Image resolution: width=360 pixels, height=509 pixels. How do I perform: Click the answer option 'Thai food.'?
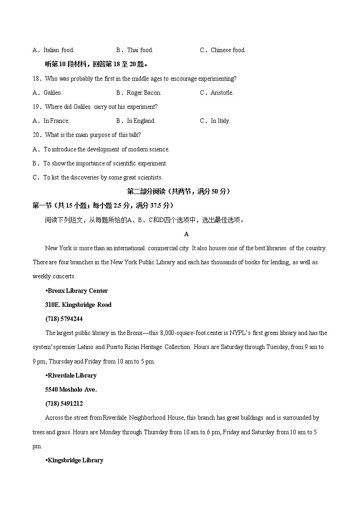(140, 50)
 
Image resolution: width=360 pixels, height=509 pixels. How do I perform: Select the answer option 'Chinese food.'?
(228, 50)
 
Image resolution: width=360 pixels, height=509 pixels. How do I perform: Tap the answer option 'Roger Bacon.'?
(144, 93)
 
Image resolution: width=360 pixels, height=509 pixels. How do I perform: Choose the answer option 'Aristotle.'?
(222, 93)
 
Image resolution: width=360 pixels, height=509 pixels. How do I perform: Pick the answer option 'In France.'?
(56, 121)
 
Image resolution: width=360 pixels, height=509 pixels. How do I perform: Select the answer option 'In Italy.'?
(220, 121)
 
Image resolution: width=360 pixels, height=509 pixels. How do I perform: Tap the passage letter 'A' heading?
(186, 234)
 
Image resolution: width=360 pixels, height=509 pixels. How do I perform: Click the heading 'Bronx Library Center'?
(77, 291)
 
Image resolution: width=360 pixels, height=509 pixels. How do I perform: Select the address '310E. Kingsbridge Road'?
(78, 305)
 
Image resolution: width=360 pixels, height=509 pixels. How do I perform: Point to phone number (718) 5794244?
(64, 319)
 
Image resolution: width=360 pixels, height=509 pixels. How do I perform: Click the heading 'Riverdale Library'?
(72, 376)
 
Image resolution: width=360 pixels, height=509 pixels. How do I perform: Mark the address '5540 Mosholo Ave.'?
(71, 390)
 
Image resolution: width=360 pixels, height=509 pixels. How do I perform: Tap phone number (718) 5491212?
(64, 404)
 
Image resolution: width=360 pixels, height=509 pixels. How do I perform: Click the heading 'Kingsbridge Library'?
(75, 461)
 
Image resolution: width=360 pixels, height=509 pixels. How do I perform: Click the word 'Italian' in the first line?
(51, 50)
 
